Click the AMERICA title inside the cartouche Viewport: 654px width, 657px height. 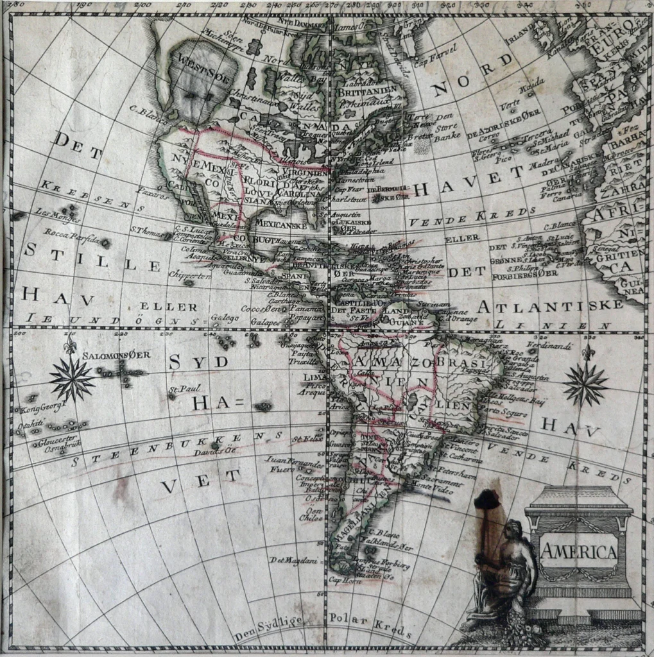(580, 551)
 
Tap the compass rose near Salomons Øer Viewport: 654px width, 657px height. (72, 379)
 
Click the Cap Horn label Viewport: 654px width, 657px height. (342, 580)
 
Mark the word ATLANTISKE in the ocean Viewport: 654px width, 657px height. (554, 305)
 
